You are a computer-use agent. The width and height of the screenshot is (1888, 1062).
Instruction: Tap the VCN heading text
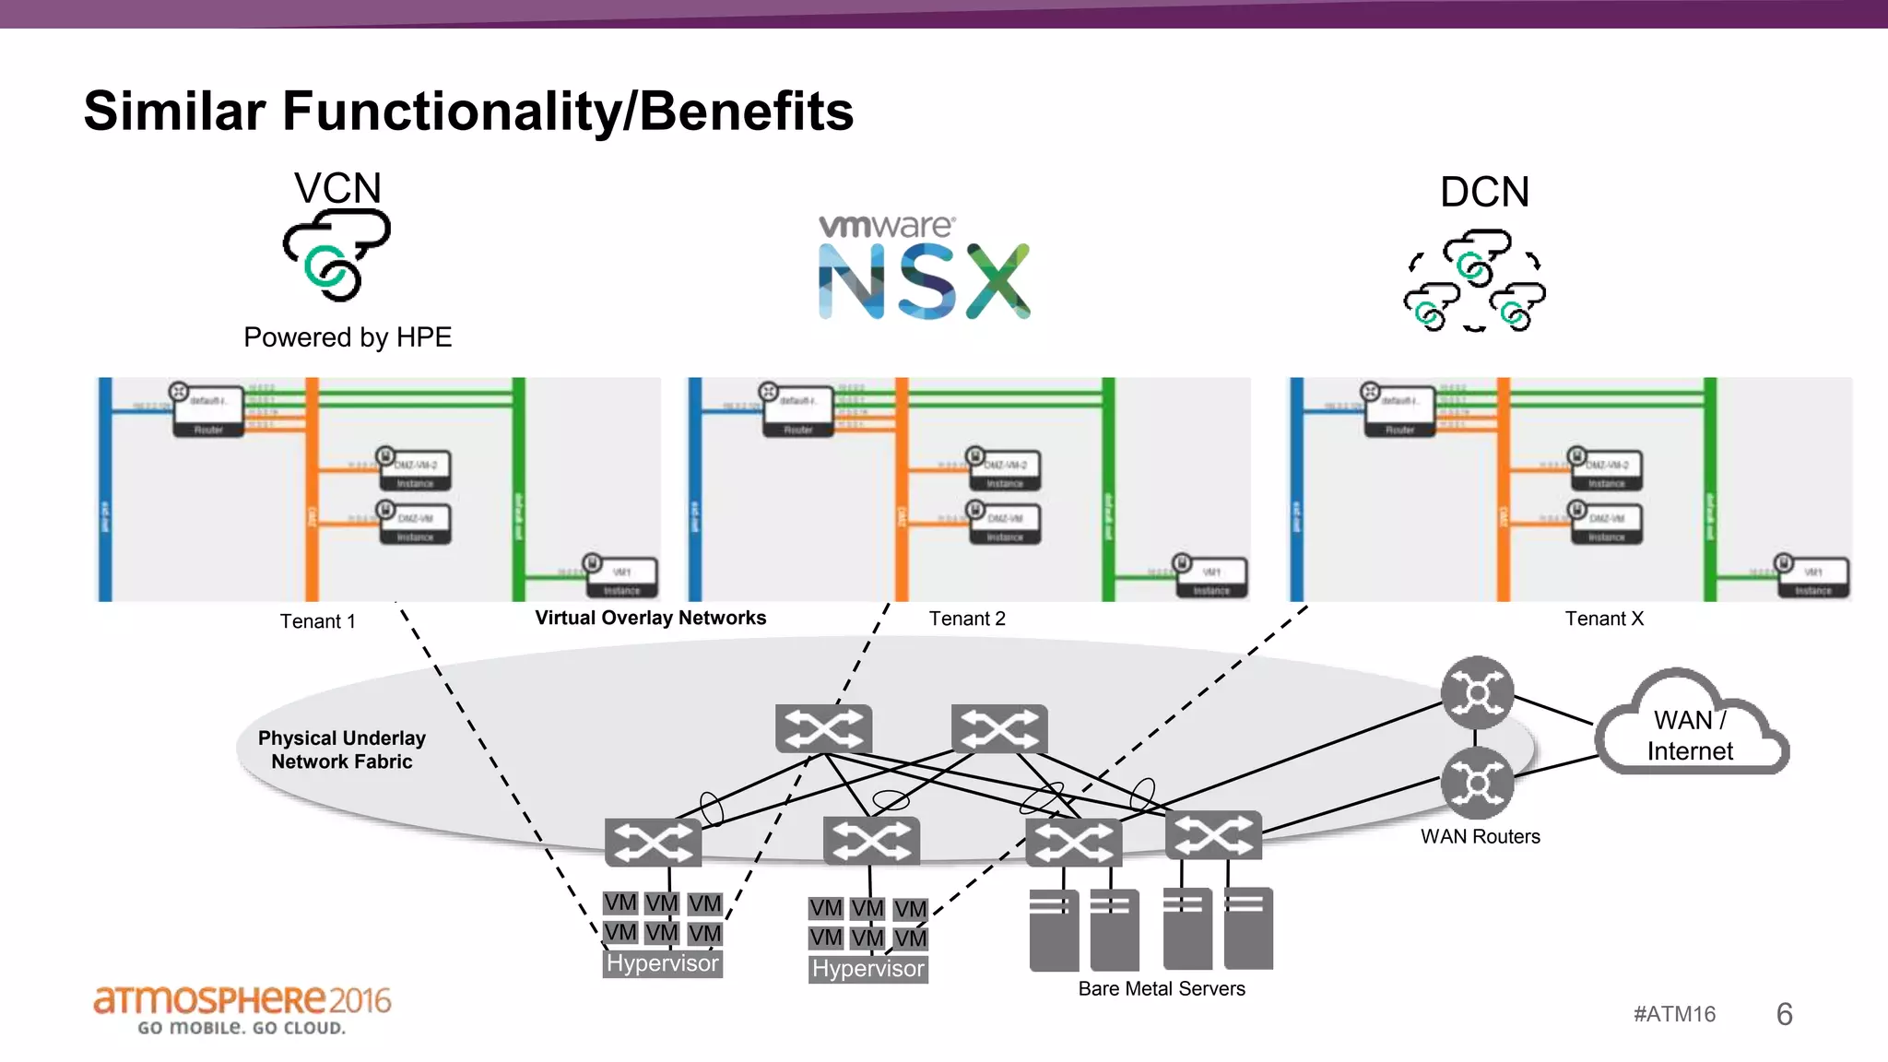(x=337, y=188)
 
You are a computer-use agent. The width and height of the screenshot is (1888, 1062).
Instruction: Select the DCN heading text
(x=1484, y=193)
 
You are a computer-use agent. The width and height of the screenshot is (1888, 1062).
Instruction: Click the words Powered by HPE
(x=348, y=337)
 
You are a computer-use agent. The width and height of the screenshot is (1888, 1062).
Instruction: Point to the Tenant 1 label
(x=317, y=621)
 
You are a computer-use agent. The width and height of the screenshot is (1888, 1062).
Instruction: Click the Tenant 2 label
(x=966, y=619)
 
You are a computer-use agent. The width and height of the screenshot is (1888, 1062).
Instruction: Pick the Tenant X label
(x=1603, y=619)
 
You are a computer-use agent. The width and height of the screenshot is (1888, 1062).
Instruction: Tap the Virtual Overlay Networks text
(x=650, y=618)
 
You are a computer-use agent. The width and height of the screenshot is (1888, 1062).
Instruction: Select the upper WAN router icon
(x=1477, y=692)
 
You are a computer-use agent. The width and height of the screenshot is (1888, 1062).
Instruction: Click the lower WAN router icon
(x=1477, y=783)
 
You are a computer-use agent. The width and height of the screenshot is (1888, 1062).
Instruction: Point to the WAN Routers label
(x=1480, y=836)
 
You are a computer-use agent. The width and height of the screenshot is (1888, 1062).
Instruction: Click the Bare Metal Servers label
(x=1161, y=988)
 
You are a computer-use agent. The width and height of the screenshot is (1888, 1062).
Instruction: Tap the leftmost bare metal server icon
(x=1054, y=929)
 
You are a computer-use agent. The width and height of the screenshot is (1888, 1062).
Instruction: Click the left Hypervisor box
(x=662, y=963)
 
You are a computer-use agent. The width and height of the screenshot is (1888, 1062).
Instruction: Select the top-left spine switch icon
(x=823, y=729)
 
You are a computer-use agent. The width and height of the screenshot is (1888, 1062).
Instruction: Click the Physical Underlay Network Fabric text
(x=342, y=749)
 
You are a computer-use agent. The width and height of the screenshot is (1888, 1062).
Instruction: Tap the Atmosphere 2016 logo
(x=242, y=1009)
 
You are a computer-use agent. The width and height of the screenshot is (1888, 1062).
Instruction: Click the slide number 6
(x=1784, y=1014)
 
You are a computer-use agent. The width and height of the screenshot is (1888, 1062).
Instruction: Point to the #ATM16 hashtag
(x=1674, y=1014)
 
